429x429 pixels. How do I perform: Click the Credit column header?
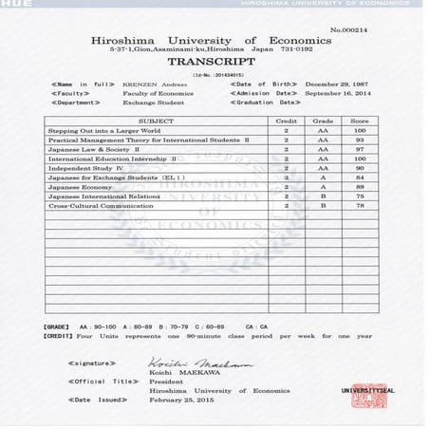(x=286, y=121)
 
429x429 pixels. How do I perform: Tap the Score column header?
(x=360, y=121)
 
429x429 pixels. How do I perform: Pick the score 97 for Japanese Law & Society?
(x=360, y=149)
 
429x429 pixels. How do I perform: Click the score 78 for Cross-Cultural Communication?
(x=360, y=206)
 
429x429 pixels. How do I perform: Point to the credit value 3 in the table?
(x=286, y=177)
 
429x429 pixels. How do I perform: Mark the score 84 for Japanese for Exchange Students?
(x=360, y=177)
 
